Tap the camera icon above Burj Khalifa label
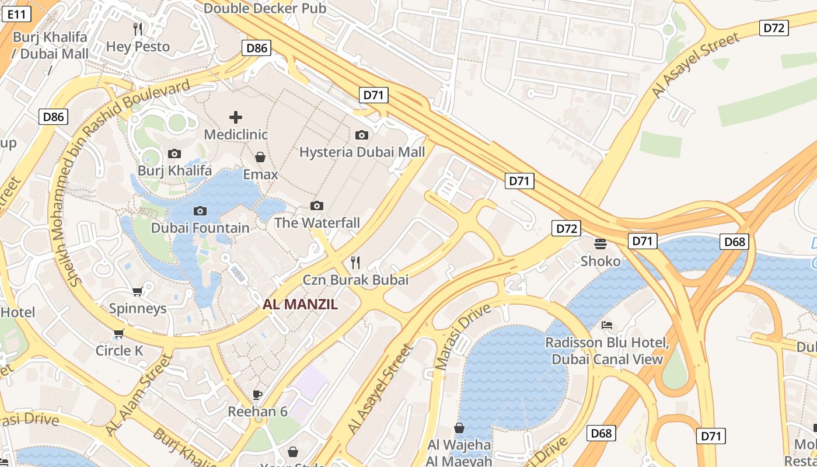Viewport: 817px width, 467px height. coord(174,154)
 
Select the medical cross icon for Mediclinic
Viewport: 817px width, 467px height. coord(236,117)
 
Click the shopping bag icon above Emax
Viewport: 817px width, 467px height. coord(260,157)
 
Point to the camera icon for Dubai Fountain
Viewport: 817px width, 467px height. coord(200,211)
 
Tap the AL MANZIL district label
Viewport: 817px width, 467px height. coord(300,304)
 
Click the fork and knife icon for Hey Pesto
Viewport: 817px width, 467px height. coord(138,29)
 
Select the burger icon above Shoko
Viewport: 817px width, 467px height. coord(600,243)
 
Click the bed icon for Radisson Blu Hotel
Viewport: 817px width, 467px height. coord(607,325)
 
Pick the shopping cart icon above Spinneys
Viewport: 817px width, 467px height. coord(138,291)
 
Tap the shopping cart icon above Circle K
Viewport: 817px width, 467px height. coord(119,334)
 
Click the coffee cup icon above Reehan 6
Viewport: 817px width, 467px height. coord(257,395)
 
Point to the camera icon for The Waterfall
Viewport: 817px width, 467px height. coord(317,205)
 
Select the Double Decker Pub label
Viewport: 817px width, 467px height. coord(265,8)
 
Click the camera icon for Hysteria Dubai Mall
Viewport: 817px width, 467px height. coord(362,135)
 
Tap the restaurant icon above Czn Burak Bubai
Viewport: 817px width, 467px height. coord(355,263)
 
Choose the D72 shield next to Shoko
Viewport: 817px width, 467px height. coord(566,228)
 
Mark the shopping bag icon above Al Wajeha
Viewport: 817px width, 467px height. coord(459,428)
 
